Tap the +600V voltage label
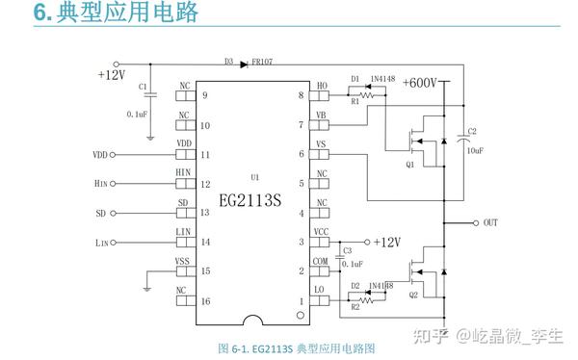[x=421, y=83]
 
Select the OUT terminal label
[x=491, y=222]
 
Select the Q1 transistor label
[x=410, y=165]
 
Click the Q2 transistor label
[x=413, y=295]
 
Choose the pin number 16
[x=205, y=300]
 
